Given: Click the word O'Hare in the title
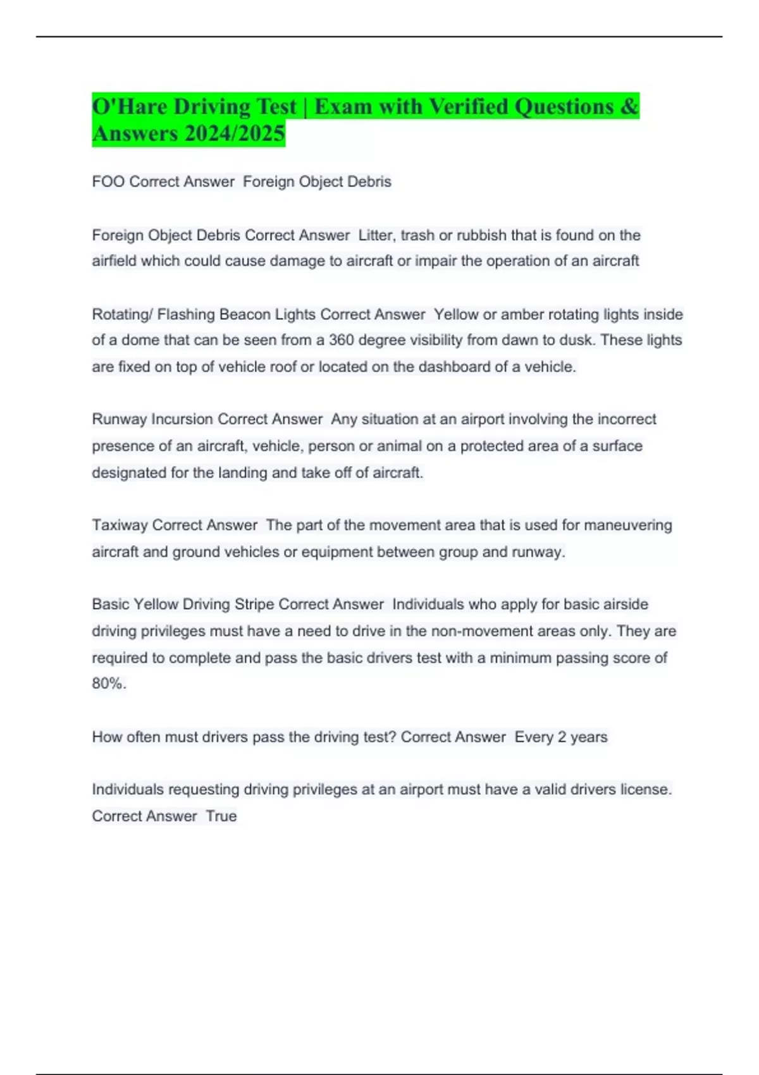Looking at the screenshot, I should pyautogui.click(x=130, y=106).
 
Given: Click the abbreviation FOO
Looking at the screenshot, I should pyautogui.click(x=108, y=181).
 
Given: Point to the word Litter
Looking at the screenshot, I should pyautogui.click(x=375, y=235).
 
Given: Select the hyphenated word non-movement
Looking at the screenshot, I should pyautogui.click(x=478, y=631).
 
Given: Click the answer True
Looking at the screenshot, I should pyautogui.click(x=221, y=816).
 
